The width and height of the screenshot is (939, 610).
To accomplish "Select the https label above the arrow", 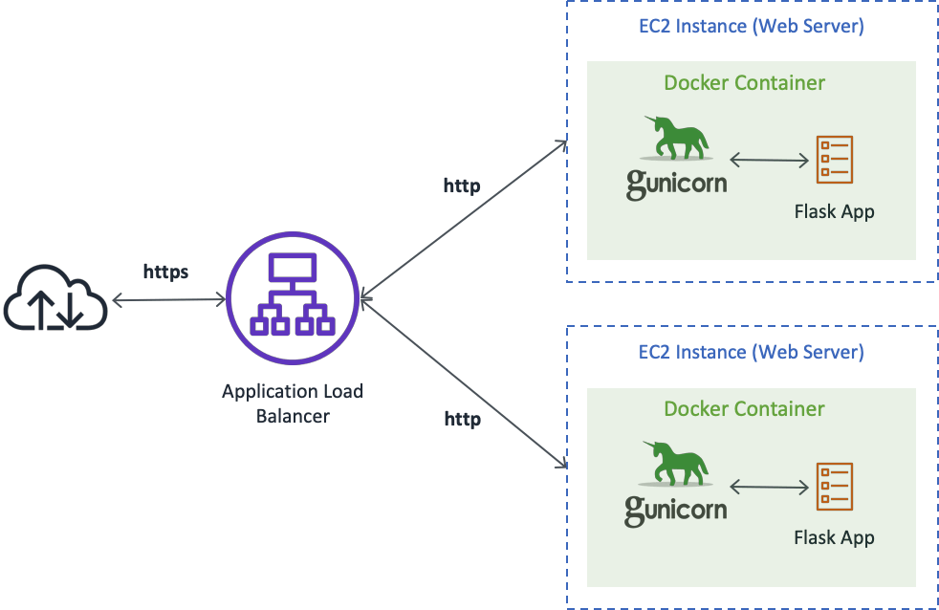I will click(x=165, y=272).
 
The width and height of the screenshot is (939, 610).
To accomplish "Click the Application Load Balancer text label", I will click(x=293, y=403).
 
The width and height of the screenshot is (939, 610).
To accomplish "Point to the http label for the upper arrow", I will click(x=462, y=185).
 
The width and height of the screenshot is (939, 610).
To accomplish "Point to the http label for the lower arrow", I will click(x=462, y=419).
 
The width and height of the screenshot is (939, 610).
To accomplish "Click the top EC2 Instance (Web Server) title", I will click(x=752, y=27).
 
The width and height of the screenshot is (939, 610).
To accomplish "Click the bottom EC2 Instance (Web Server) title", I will click(x=752, y=352).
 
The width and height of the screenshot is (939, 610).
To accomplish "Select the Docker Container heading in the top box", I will click(x=744, y=83).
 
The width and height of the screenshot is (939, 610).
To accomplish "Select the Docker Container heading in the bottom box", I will click(x=744, y=409).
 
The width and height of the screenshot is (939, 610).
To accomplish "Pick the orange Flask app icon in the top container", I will click(x=834, y=160).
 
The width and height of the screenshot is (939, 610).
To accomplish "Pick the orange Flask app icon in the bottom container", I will click(x=834, y=486).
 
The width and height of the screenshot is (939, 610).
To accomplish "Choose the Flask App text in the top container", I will click(x=834, y=211).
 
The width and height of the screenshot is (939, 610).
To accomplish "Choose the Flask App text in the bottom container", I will click(x=834, y=537).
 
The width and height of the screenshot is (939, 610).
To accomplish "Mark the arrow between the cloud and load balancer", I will click(x=168, y=301).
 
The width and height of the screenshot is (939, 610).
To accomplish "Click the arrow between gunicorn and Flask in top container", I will click(x=769, y=161).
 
